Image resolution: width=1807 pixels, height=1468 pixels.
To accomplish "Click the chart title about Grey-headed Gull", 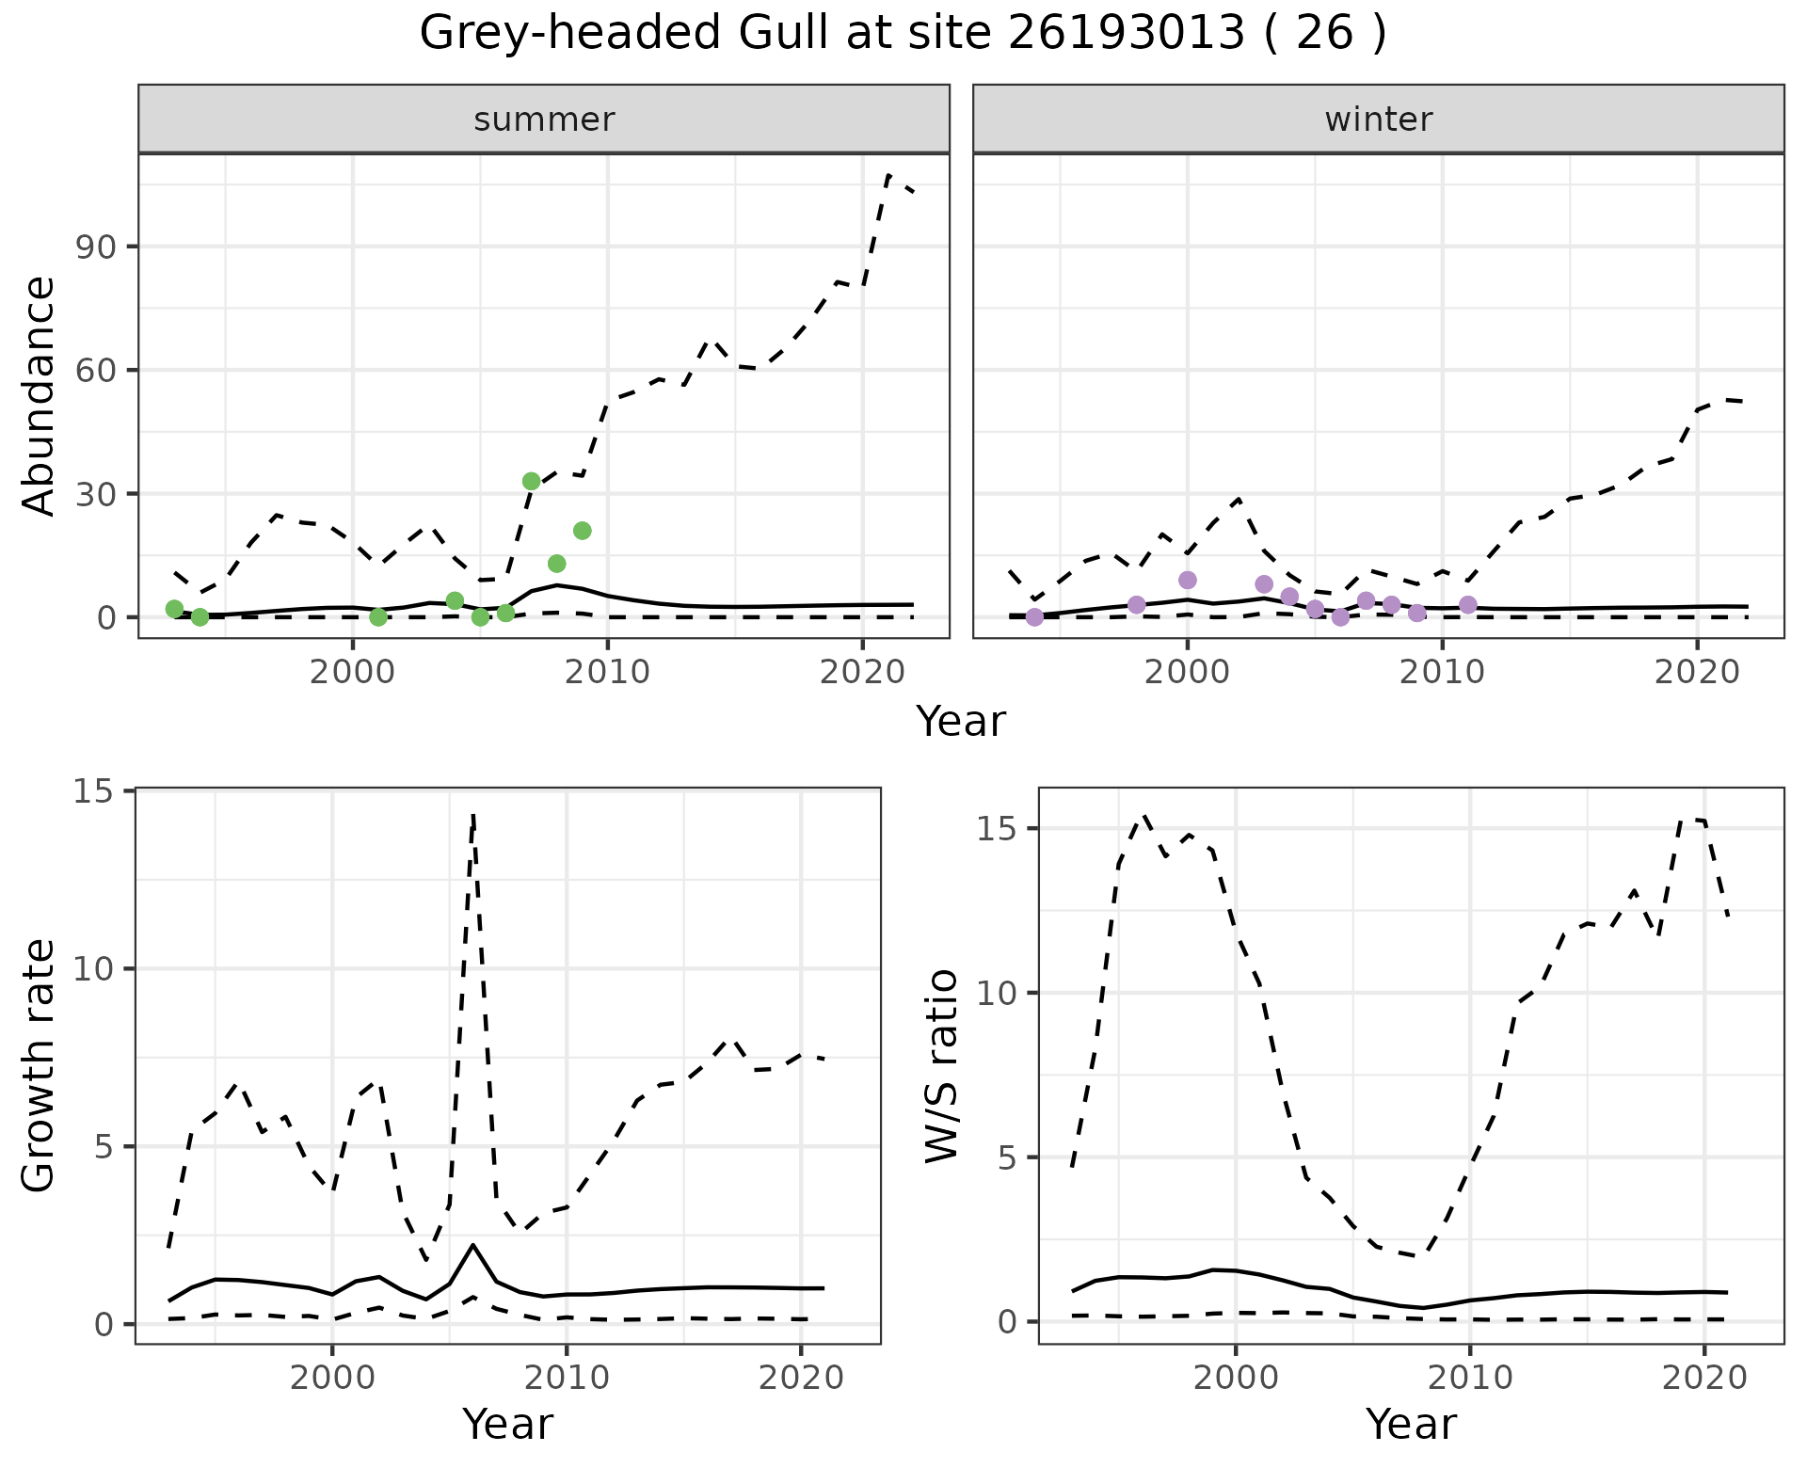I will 903,34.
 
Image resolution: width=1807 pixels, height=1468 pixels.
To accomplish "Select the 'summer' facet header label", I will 543,120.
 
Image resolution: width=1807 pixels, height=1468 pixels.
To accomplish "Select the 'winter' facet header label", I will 1378,120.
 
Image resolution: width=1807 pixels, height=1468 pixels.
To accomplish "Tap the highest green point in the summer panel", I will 531,481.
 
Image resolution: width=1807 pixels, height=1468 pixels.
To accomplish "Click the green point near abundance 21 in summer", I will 582,531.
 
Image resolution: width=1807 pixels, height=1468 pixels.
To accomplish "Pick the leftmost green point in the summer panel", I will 174,609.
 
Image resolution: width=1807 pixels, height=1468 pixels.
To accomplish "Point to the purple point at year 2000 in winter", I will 1187,580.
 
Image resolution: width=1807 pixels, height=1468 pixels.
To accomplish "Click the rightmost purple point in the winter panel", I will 1467,604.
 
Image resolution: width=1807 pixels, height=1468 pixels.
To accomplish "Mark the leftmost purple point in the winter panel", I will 1034,617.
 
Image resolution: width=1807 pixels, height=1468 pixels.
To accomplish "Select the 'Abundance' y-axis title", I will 40,396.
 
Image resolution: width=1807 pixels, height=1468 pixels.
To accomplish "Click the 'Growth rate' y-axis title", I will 40,1066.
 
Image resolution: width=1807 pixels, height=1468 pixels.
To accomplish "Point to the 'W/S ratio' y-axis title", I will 942,1066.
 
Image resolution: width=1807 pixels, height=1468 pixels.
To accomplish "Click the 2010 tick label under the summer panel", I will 607,672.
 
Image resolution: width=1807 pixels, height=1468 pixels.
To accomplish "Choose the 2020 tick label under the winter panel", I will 1696,672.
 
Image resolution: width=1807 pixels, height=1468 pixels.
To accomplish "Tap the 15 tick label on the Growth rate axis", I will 90,791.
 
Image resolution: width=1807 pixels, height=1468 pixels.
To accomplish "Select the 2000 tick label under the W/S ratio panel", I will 1236,1379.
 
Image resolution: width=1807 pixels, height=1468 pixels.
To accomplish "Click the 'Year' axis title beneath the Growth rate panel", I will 507,1425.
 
